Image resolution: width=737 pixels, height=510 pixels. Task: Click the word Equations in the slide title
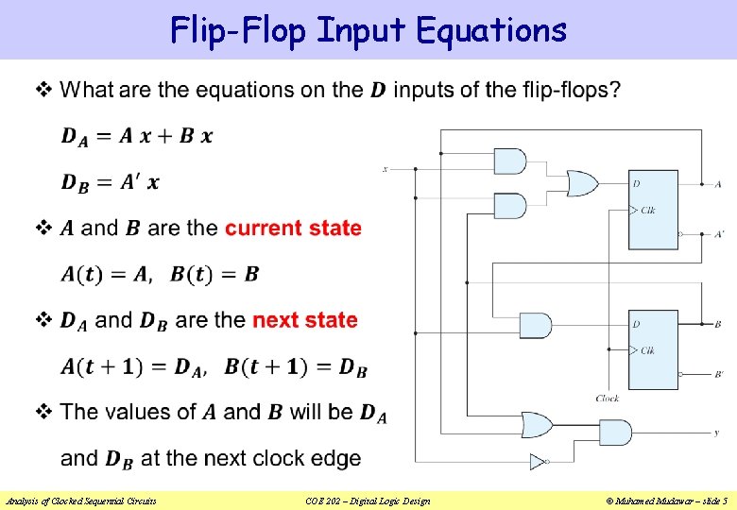pyautogui.click(x=490, y=30)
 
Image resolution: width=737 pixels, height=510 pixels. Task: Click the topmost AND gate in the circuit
pyautogui.click(x=510, y=161)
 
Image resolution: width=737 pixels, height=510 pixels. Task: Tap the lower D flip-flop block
pyautogui.click(x=654, y=349)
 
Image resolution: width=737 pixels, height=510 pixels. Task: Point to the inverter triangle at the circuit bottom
pyautogui.click(x=537, y=462)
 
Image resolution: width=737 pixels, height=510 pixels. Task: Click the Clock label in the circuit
pyautogui.click(x=608, y=399)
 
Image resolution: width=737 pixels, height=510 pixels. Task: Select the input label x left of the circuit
pyautogui.click(x=385, y=169)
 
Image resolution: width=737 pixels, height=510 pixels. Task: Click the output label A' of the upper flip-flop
pyautogui.click(x=719, y=233)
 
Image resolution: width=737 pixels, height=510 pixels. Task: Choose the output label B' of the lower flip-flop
pyautogui.click(x=719, y=375)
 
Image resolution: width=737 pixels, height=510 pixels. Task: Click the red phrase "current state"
pyautogui.click(x=293, y=228)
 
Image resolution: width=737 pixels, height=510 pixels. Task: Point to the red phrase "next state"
pyautogui.click(x=304, y=320)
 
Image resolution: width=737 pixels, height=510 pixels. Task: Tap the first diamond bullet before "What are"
pyautogui.click(x=43, y=91)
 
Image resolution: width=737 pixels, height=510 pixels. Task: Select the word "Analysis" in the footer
pyautogui.click(x=25, y=501)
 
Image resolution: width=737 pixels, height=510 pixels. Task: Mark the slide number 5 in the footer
pyautogui.click(x=724, y=501)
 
